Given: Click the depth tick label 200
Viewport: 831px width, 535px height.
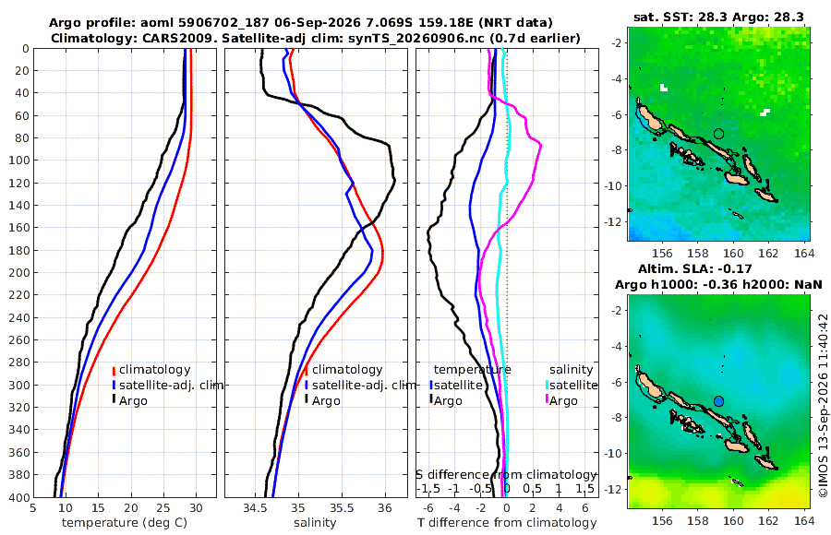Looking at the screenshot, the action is point(18,272).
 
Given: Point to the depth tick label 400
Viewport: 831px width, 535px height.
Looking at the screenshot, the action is point(18,497).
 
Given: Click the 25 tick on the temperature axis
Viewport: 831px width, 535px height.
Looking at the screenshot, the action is point(163,507).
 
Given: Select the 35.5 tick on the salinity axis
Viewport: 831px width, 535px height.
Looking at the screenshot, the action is point(342,507).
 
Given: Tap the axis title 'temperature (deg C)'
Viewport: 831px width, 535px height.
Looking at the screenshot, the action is point(125,523).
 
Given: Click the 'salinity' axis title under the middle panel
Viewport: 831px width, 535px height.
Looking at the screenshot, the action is point(315,523).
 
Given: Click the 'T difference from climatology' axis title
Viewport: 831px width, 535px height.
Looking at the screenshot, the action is point(507,523).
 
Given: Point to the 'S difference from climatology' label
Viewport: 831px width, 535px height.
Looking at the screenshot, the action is point(506,475).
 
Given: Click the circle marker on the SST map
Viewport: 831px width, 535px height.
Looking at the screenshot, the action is point(718,134).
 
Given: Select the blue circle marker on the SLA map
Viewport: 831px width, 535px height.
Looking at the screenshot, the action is point(718,401).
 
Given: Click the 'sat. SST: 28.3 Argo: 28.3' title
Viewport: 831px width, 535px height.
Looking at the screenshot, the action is point(718,18).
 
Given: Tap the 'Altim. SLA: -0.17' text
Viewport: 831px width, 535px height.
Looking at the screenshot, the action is point(694,268).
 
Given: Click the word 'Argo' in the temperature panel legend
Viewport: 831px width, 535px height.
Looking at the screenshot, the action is point(133,400).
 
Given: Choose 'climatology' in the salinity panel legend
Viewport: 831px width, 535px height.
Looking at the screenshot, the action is point(347,370).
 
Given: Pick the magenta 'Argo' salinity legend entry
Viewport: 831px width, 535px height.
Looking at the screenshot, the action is point(563,400).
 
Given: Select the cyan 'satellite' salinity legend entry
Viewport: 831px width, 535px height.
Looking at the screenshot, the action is point(573,385).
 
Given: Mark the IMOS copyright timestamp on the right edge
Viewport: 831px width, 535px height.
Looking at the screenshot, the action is point(823,405).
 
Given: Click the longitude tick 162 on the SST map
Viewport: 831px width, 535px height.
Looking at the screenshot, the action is point(768,253).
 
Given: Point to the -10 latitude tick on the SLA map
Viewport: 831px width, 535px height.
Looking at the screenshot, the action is point(615,453).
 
